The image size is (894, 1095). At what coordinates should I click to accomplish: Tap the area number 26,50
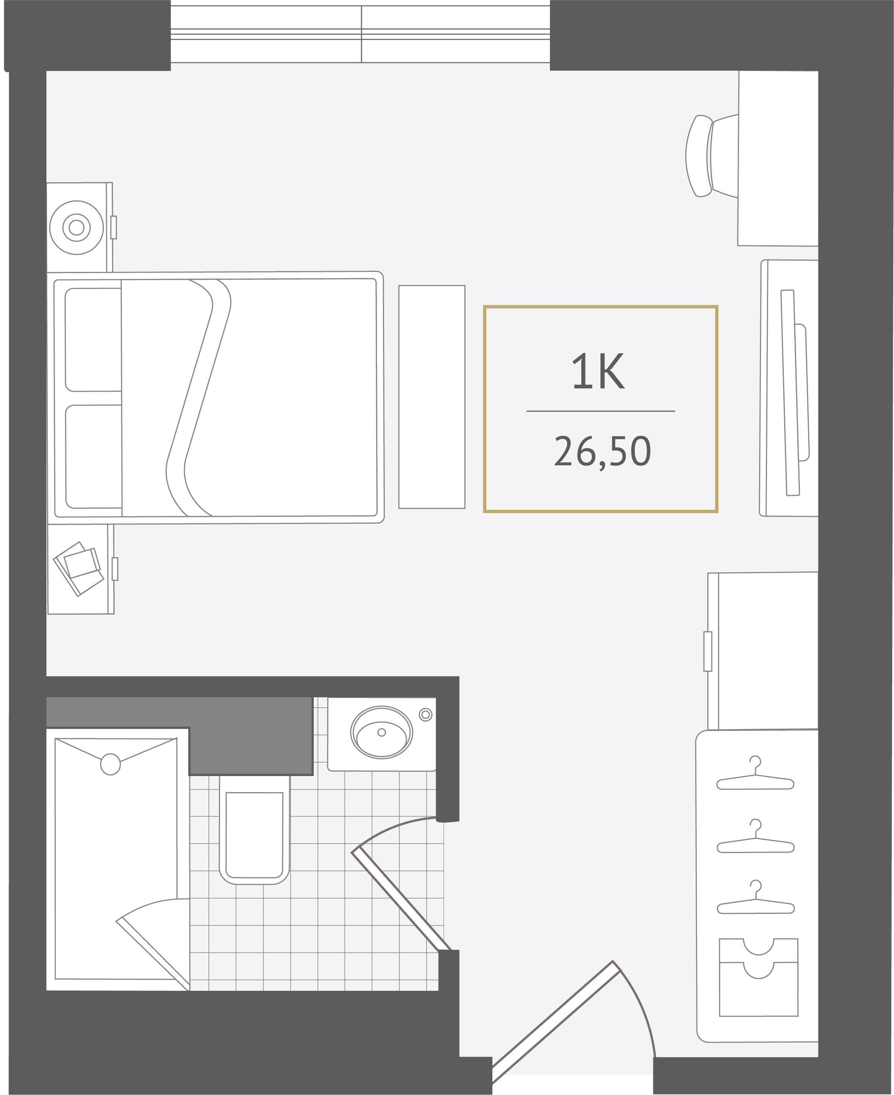602,451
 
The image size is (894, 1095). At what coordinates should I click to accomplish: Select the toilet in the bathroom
254,829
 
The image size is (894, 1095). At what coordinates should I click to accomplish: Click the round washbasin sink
381,732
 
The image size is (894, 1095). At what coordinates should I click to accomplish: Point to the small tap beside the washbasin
426,714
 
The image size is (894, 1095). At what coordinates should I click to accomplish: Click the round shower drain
110,764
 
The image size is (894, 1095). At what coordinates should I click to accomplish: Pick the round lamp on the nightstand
76,227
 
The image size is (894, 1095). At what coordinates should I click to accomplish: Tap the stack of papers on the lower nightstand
79,568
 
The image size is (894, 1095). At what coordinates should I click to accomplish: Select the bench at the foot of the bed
431,397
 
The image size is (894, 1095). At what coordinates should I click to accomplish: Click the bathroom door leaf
400,898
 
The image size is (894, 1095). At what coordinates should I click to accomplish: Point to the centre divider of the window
362,34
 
